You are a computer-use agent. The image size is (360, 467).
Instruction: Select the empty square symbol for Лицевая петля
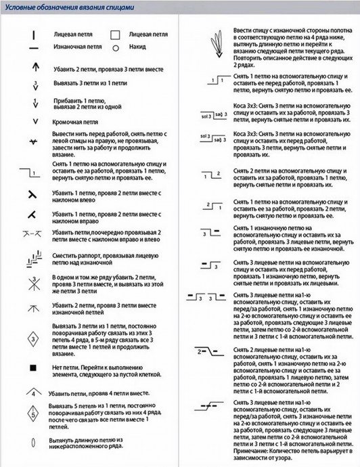pos(115,33)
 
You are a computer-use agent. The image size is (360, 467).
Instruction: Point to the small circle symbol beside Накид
pos(115,48)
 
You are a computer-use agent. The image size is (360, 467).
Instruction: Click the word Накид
pos(137,48)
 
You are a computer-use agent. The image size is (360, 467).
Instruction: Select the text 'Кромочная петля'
pos(75,123)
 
